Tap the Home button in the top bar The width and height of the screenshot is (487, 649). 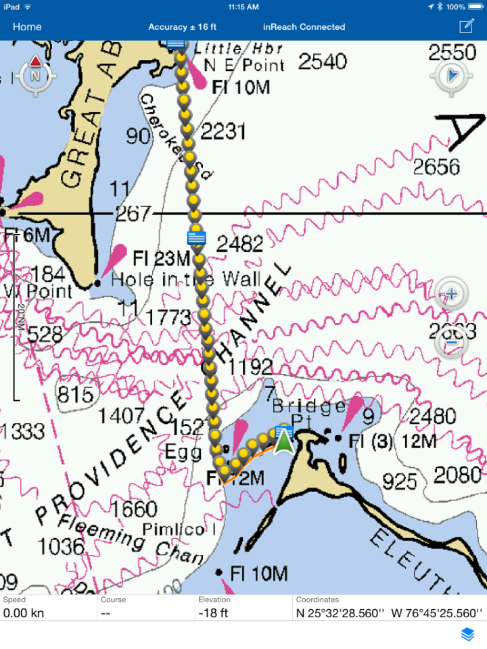pos(27,27)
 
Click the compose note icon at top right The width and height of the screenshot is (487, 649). pos(466,26)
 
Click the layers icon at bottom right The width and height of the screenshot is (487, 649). pos(467,634)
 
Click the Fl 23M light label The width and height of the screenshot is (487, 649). pos(162,258)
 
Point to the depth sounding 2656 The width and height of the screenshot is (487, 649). pos(436,166)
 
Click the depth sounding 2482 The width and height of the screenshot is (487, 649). pos(239,245)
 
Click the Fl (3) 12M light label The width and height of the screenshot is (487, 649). pos(392,441)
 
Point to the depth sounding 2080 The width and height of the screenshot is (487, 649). pos(457,475)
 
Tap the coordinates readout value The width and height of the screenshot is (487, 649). pos(388,613)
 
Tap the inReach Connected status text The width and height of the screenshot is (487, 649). pos(304,27)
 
